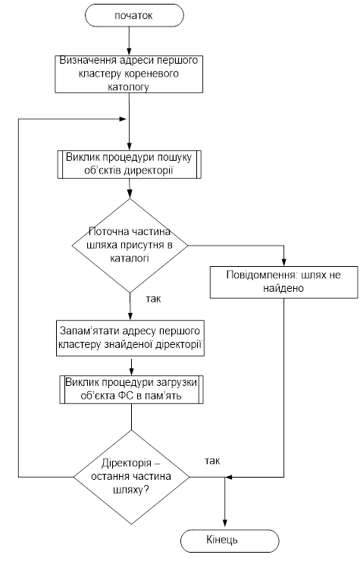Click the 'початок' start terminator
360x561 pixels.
134,16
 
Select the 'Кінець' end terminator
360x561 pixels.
230,541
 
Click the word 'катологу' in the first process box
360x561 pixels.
129,86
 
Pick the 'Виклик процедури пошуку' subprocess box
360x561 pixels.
129,165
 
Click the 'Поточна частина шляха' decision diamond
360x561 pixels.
130,246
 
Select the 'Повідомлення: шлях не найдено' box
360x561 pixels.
283,282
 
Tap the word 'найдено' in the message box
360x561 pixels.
283,288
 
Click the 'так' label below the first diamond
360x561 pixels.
154,299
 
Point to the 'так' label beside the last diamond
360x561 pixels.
212,461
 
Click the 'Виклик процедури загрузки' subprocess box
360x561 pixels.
131,390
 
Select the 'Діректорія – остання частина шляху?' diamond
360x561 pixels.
131,477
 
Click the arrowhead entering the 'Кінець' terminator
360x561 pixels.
225,525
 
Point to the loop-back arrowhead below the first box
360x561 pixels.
122,119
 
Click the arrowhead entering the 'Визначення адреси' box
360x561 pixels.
129,51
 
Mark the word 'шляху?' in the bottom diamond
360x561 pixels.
131,490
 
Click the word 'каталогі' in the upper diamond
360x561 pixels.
130,259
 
